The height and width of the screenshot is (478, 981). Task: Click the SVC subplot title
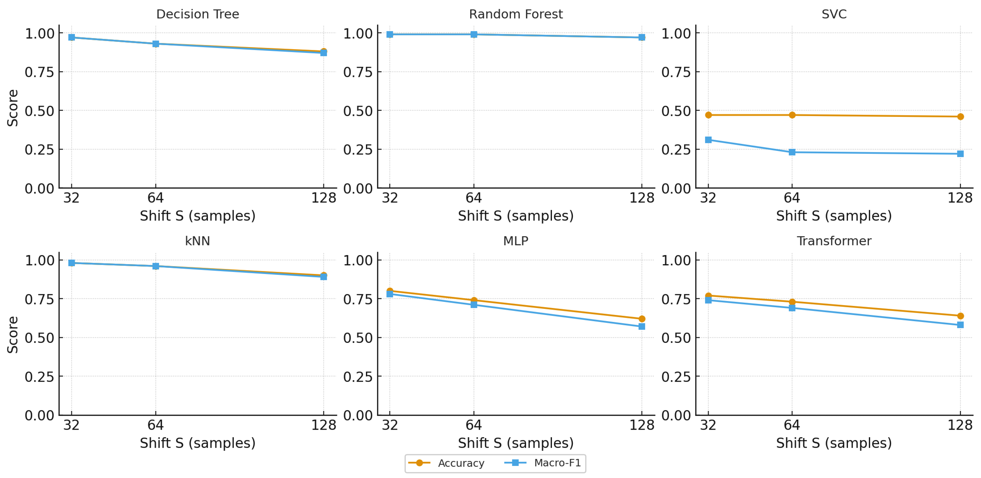click(x=834, y=14)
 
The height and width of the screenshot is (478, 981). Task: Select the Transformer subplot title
click(x=834, y=241)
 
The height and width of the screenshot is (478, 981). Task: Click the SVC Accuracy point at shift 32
click(x=708, y=115)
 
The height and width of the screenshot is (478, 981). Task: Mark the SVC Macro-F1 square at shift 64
click(x=792, y=152)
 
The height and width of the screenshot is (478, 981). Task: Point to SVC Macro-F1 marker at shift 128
click(x=960, y=154)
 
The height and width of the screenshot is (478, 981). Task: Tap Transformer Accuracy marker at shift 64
click(x=792, y=302)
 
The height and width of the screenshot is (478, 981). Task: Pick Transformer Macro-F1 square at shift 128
click(x=960, y=325)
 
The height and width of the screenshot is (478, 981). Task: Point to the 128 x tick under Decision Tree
click(x=324, y=198)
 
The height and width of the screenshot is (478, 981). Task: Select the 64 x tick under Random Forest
click(x=474, y=198)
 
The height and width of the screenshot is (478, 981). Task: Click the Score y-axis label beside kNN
click(x=13, y=335)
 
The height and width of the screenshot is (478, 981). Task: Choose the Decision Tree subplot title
click(x=198, y=14)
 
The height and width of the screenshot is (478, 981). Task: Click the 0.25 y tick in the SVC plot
click(x=676, y=150)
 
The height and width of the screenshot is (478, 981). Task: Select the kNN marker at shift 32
click(x=72, y=263)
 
